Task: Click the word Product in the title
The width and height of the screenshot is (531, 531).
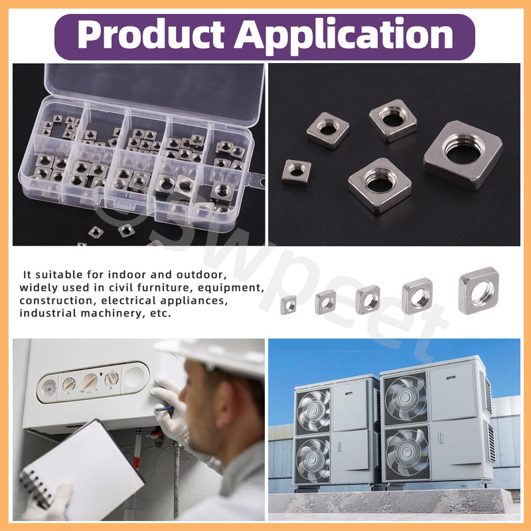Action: [151, 35]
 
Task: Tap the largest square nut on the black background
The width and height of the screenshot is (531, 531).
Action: [463, 155]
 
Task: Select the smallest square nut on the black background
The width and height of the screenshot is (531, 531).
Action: [297, 172]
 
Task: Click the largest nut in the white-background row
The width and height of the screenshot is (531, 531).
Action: [478, 290]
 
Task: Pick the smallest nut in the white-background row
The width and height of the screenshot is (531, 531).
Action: [288, 305]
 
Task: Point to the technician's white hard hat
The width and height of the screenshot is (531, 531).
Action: [217, 356]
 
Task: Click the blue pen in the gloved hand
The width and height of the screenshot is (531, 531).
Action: [164, 409]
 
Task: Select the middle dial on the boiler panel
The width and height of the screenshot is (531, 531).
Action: [90, 382]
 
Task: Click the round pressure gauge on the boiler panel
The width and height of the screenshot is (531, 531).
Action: [48, 388]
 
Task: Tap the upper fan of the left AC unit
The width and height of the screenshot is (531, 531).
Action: [313, 411]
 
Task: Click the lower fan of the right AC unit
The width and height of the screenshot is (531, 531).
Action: [407, 452]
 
